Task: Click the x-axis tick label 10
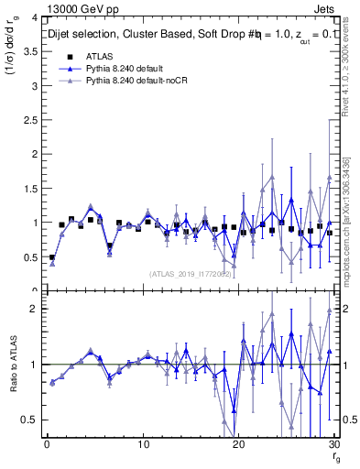click(143, 444)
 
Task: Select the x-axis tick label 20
click(239, 444)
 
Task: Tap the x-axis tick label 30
click(334, 444)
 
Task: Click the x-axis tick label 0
click(47, 444)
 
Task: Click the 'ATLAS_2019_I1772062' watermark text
click(190, 273)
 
